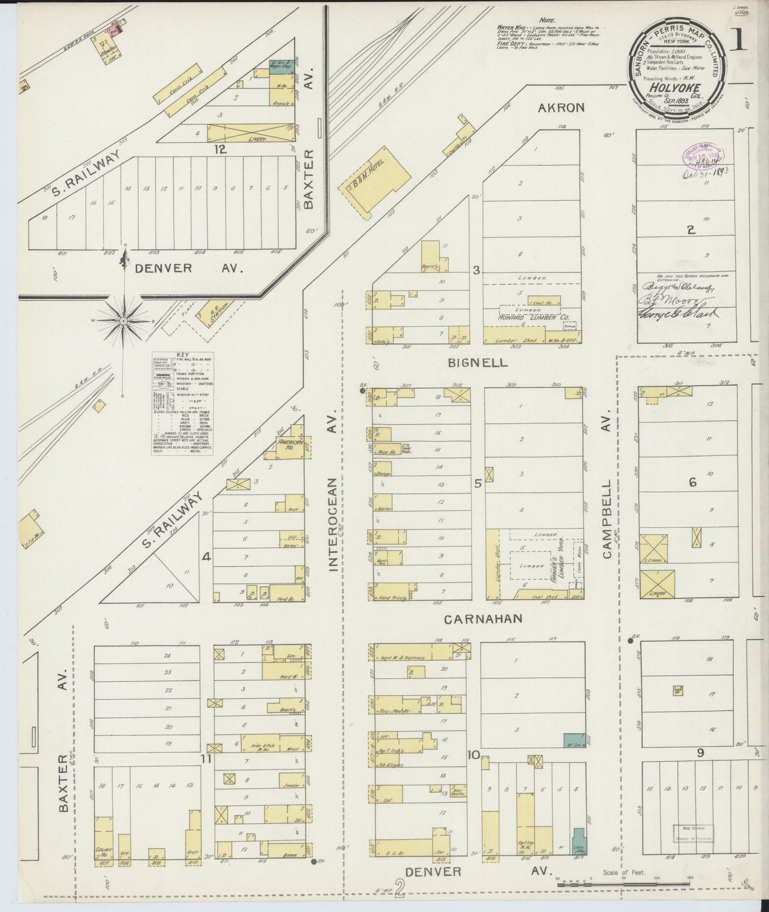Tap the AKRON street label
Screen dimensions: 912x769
(x=561, y=107)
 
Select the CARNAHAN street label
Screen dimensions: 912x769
(x=483, y=619)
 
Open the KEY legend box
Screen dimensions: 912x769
(x=182, y=403)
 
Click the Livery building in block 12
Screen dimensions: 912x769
(x=251, y=133)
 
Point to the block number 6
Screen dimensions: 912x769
(x=692, y=483)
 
